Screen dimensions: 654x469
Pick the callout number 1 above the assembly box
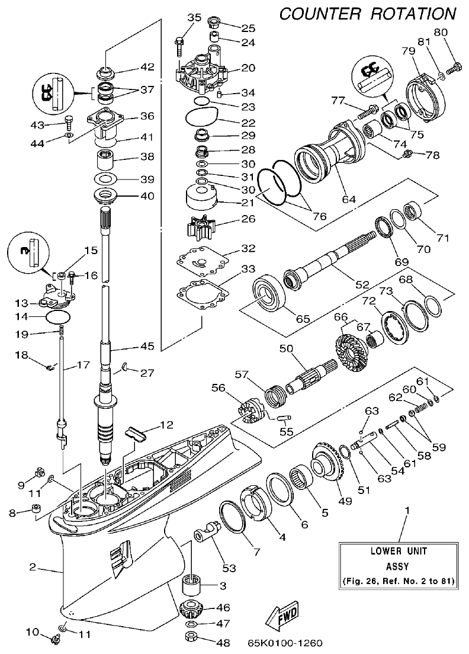(406, 509)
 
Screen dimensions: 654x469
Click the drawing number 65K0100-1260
(287, 642)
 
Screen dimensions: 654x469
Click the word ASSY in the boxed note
(399, 565)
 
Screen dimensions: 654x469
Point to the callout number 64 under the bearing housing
(349, 200)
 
